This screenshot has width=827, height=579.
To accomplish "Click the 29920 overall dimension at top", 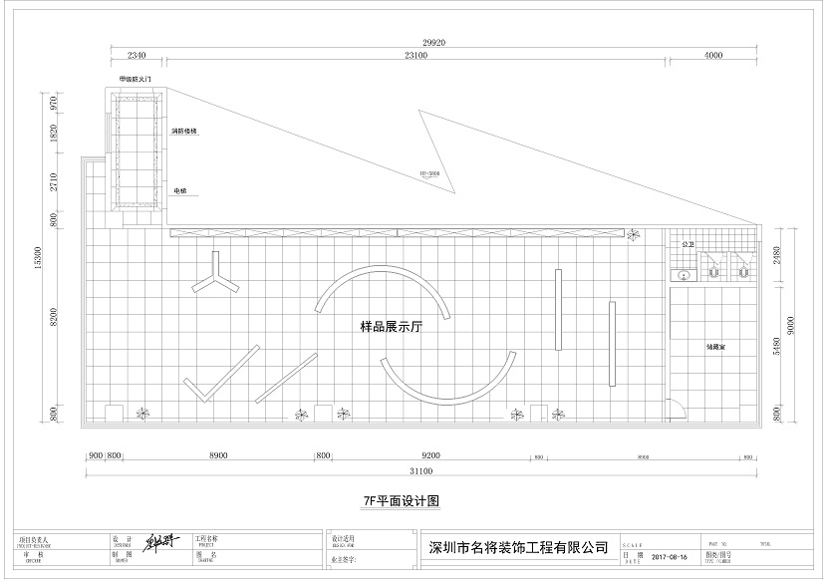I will (x=433, y=44).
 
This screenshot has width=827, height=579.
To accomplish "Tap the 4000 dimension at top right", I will (x=712, y=56).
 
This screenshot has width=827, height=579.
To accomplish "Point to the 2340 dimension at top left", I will (x=137, y=56).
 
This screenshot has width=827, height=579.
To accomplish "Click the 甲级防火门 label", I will (x=135, y=78).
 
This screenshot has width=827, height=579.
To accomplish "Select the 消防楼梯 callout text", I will (x=185, y=131).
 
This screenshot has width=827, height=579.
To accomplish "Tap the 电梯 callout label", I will (x=180, y=188).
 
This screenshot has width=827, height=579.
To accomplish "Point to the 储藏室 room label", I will (x=715, y=346).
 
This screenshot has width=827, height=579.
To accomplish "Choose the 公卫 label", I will (x=687, y=244).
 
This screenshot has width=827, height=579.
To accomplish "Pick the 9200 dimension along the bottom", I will (x=430, y=455).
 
